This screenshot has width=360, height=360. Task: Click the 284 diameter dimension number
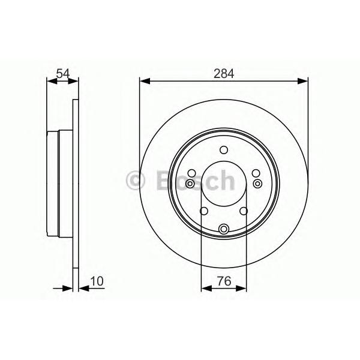tap(224, 74)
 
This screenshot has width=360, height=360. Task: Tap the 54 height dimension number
tap(63, 74)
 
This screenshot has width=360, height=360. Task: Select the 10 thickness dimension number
tap(97, 281)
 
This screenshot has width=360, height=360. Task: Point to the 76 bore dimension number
tap(224, 281)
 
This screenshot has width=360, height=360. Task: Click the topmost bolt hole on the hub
tap(224, 150)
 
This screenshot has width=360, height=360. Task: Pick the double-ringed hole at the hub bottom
tap(224, 229)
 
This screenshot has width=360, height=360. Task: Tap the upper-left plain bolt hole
tap(191, 173)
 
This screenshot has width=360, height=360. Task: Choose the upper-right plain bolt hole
tap(256, 173)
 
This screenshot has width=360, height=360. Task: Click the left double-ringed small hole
tap(190, 184)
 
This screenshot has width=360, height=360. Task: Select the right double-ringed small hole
tap(257, 184)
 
